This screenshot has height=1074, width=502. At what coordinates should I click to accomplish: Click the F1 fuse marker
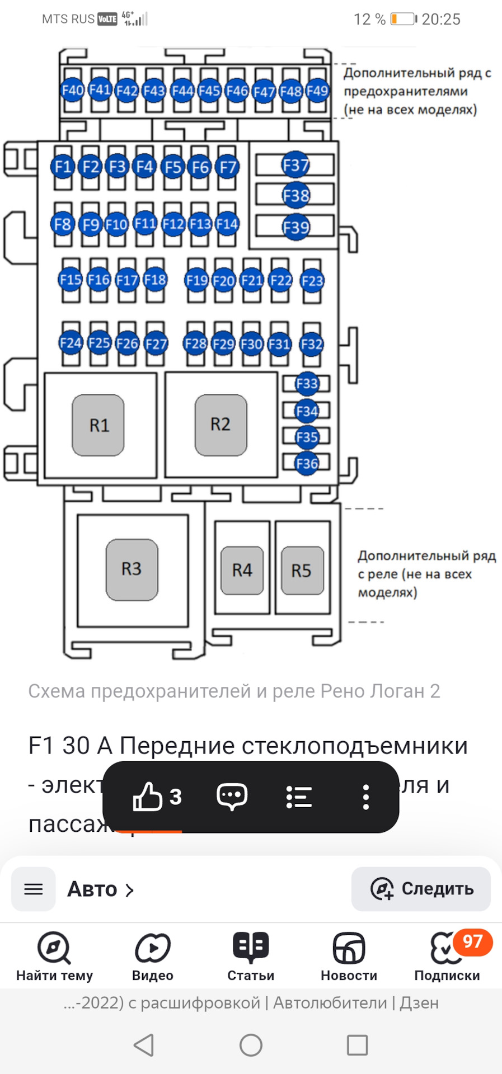pyautogui.click(x=63, y=167)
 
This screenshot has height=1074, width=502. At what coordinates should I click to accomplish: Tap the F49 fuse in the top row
pyautogui.click(x=317, y=90)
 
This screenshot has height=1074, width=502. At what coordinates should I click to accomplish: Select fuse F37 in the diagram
pyautogui.click(x=295, y=165)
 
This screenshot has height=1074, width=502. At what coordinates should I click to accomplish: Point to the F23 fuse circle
pyautogui.click(x=312, y=281)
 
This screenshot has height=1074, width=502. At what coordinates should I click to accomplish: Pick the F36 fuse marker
pyautogui.click(x=307, y=463)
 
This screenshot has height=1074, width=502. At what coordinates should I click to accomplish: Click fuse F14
pyautogui.click(x=227, y=224)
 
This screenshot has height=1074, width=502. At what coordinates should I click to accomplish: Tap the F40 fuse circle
pyautogui.click(x=73, y=90)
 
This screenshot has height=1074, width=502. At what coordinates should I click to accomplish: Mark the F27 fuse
pyautogui.click(x=156, y=343)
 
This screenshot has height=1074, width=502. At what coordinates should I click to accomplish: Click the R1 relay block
pyautogui.click(x=98, y=425)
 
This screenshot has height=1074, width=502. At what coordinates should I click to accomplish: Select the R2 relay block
pyautogui.click(x=220, y=425)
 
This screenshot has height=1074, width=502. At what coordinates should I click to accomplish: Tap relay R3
pyautogui.click(x=132, y=569)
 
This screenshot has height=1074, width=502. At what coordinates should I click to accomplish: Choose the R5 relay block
pyautogui.click(x=302, y=571)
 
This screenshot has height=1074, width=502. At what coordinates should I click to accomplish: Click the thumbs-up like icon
pyautogui.click(x=147, y=797)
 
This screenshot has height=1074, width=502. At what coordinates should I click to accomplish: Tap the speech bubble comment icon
pyautogui.click(x=232, y=797)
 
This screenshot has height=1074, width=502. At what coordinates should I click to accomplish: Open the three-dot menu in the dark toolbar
pyautogui.click(x=365, y=797)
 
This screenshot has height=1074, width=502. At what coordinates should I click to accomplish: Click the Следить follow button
pyautogui.click(x=421, y=889)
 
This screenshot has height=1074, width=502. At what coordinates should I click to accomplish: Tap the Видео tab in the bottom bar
pyautogui.click(x=153, y=957)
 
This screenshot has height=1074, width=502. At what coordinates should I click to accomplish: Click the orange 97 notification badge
pyautogui.click(x=472, y=942)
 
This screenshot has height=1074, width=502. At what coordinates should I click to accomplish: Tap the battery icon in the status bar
pyautogui.click(x=403, y=19)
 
